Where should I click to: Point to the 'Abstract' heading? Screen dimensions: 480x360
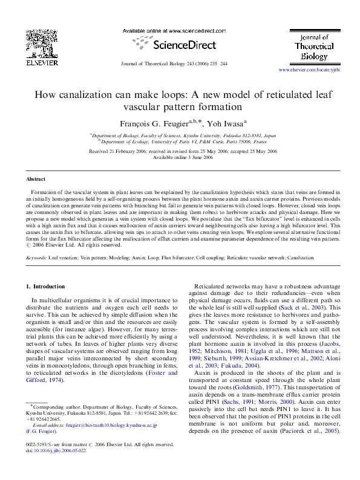pyautogui.click(x=36, y=180)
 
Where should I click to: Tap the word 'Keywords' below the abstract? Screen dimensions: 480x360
pyautogui.click(x=37, y=258)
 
